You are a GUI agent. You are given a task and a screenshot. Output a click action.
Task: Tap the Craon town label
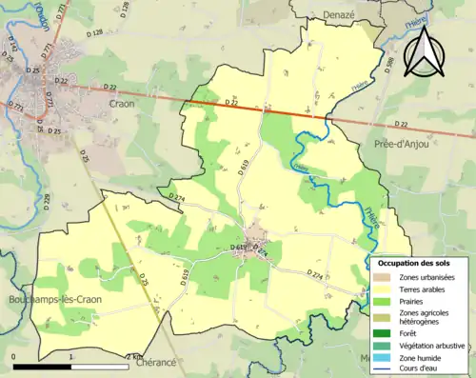point(122,103)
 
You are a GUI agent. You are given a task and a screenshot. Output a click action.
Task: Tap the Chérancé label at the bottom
point(156,363)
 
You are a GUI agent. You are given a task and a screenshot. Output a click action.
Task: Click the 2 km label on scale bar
point(135,356)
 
